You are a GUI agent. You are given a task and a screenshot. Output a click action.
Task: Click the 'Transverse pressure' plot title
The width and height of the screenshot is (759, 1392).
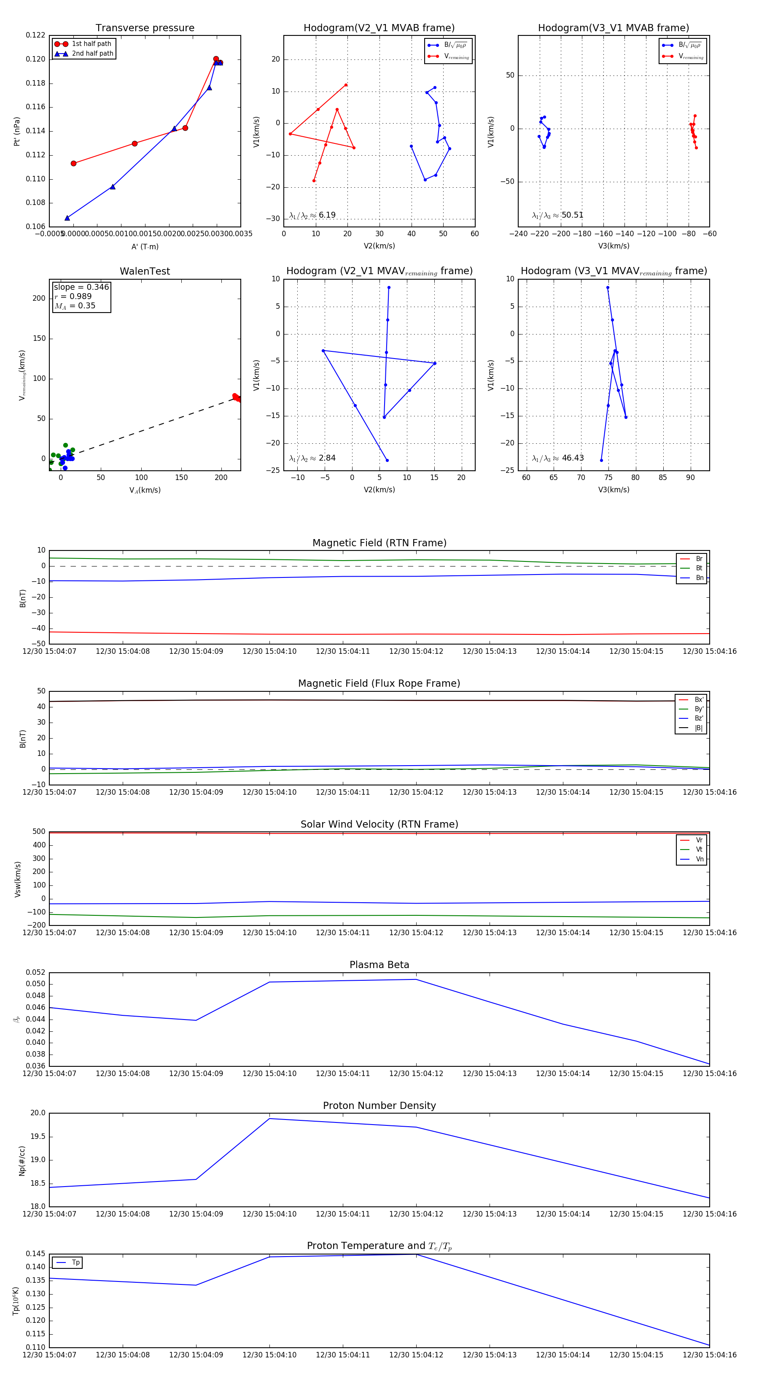tap(145, 28)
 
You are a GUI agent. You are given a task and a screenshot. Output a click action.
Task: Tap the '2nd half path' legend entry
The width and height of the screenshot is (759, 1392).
tap(92, 54)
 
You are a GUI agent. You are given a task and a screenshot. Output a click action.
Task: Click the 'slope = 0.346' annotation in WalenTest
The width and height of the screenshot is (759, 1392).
tap(81, 287)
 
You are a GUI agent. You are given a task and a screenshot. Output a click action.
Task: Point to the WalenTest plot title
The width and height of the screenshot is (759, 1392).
tap(145, 271)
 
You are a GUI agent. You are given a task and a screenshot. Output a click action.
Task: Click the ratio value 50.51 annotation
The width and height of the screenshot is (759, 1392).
tap(572, 215)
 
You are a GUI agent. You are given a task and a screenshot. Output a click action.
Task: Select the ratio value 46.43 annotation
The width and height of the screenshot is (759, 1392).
tap(573, 458)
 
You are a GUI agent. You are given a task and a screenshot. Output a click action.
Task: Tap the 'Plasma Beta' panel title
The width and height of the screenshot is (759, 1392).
tap(379, 965)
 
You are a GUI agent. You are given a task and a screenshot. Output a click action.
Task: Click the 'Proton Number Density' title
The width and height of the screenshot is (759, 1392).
tap(379, 1106)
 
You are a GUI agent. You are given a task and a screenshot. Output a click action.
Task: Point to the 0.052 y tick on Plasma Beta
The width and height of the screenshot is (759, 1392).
tap(36, 973)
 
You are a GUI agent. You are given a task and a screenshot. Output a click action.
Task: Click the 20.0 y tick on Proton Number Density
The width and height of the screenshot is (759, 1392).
tap(38, 1113)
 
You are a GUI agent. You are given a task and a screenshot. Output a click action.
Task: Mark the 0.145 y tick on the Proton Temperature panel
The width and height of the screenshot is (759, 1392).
tap(36, 1254)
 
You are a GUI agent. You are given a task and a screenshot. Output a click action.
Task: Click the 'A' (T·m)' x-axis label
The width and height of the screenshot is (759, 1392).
tap(145, 247)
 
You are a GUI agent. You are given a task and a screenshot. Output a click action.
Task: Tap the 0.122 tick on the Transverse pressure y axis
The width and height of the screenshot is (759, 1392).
tap(36, 36)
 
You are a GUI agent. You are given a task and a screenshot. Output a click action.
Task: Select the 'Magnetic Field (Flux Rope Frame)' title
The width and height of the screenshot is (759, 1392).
tap(379, 684)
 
